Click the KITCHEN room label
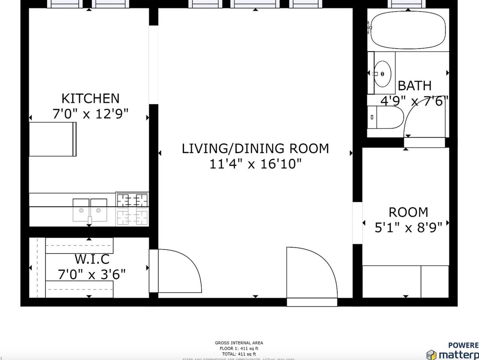pyautogui.click(x=90, y=98)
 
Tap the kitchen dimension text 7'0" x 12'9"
pyautogui.click(x=90, y=114)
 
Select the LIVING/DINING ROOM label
pyautogui.click(x=255, y=148)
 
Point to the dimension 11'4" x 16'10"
pyautogui.click(x=255, y=164)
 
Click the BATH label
pyautogui.click(x=415, y=86)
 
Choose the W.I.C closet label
pyautogui.click(x=92, y=259)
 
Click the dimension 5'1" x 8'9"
pyautogui.click(x=408, y=227)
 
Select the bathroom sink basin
pyautogui.click(x=383, y=73)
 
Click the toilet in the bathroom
pyautogui.click(x=386, y=117)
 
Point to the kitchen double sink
pyautogui.click(x=90, y=210)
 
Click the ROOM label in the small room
pyautogui.click(x=408, y=212)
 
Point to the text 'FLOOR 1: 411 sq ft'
pyautogui.click(x=239, y=348)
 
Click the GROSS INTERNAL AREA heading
pyautogui.click(x=239, y=343)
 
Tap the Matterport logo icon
pyautogui.click(x=431, y=354)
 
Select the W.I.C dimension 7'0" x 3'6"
pyautogui.click(x=92, y=274)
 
